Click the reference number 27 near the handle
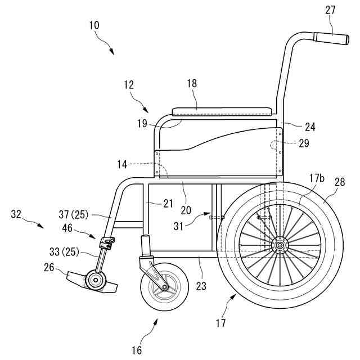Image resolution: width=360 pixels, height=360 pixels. [330, 10]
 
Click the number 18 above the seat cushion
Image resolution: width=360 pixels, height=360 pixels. [192, 83]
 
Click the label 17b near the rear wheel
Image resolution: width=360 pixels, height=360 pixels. [317, 178]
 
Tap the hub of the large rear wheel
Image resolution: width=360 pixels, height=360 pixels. [278, 245]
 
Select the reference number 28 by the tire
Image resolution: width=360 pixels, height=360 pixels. [339, 182]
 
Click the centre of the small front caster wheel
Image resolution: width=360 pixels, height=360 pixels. [163, 287]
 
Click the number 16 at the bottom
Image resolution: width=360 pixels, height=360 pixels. [137, 350]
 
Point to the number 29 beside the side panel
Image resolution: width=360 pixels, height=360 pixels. [304, 143]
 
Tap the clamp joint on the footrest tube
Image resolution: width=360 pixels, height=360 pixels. [107, 243]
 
